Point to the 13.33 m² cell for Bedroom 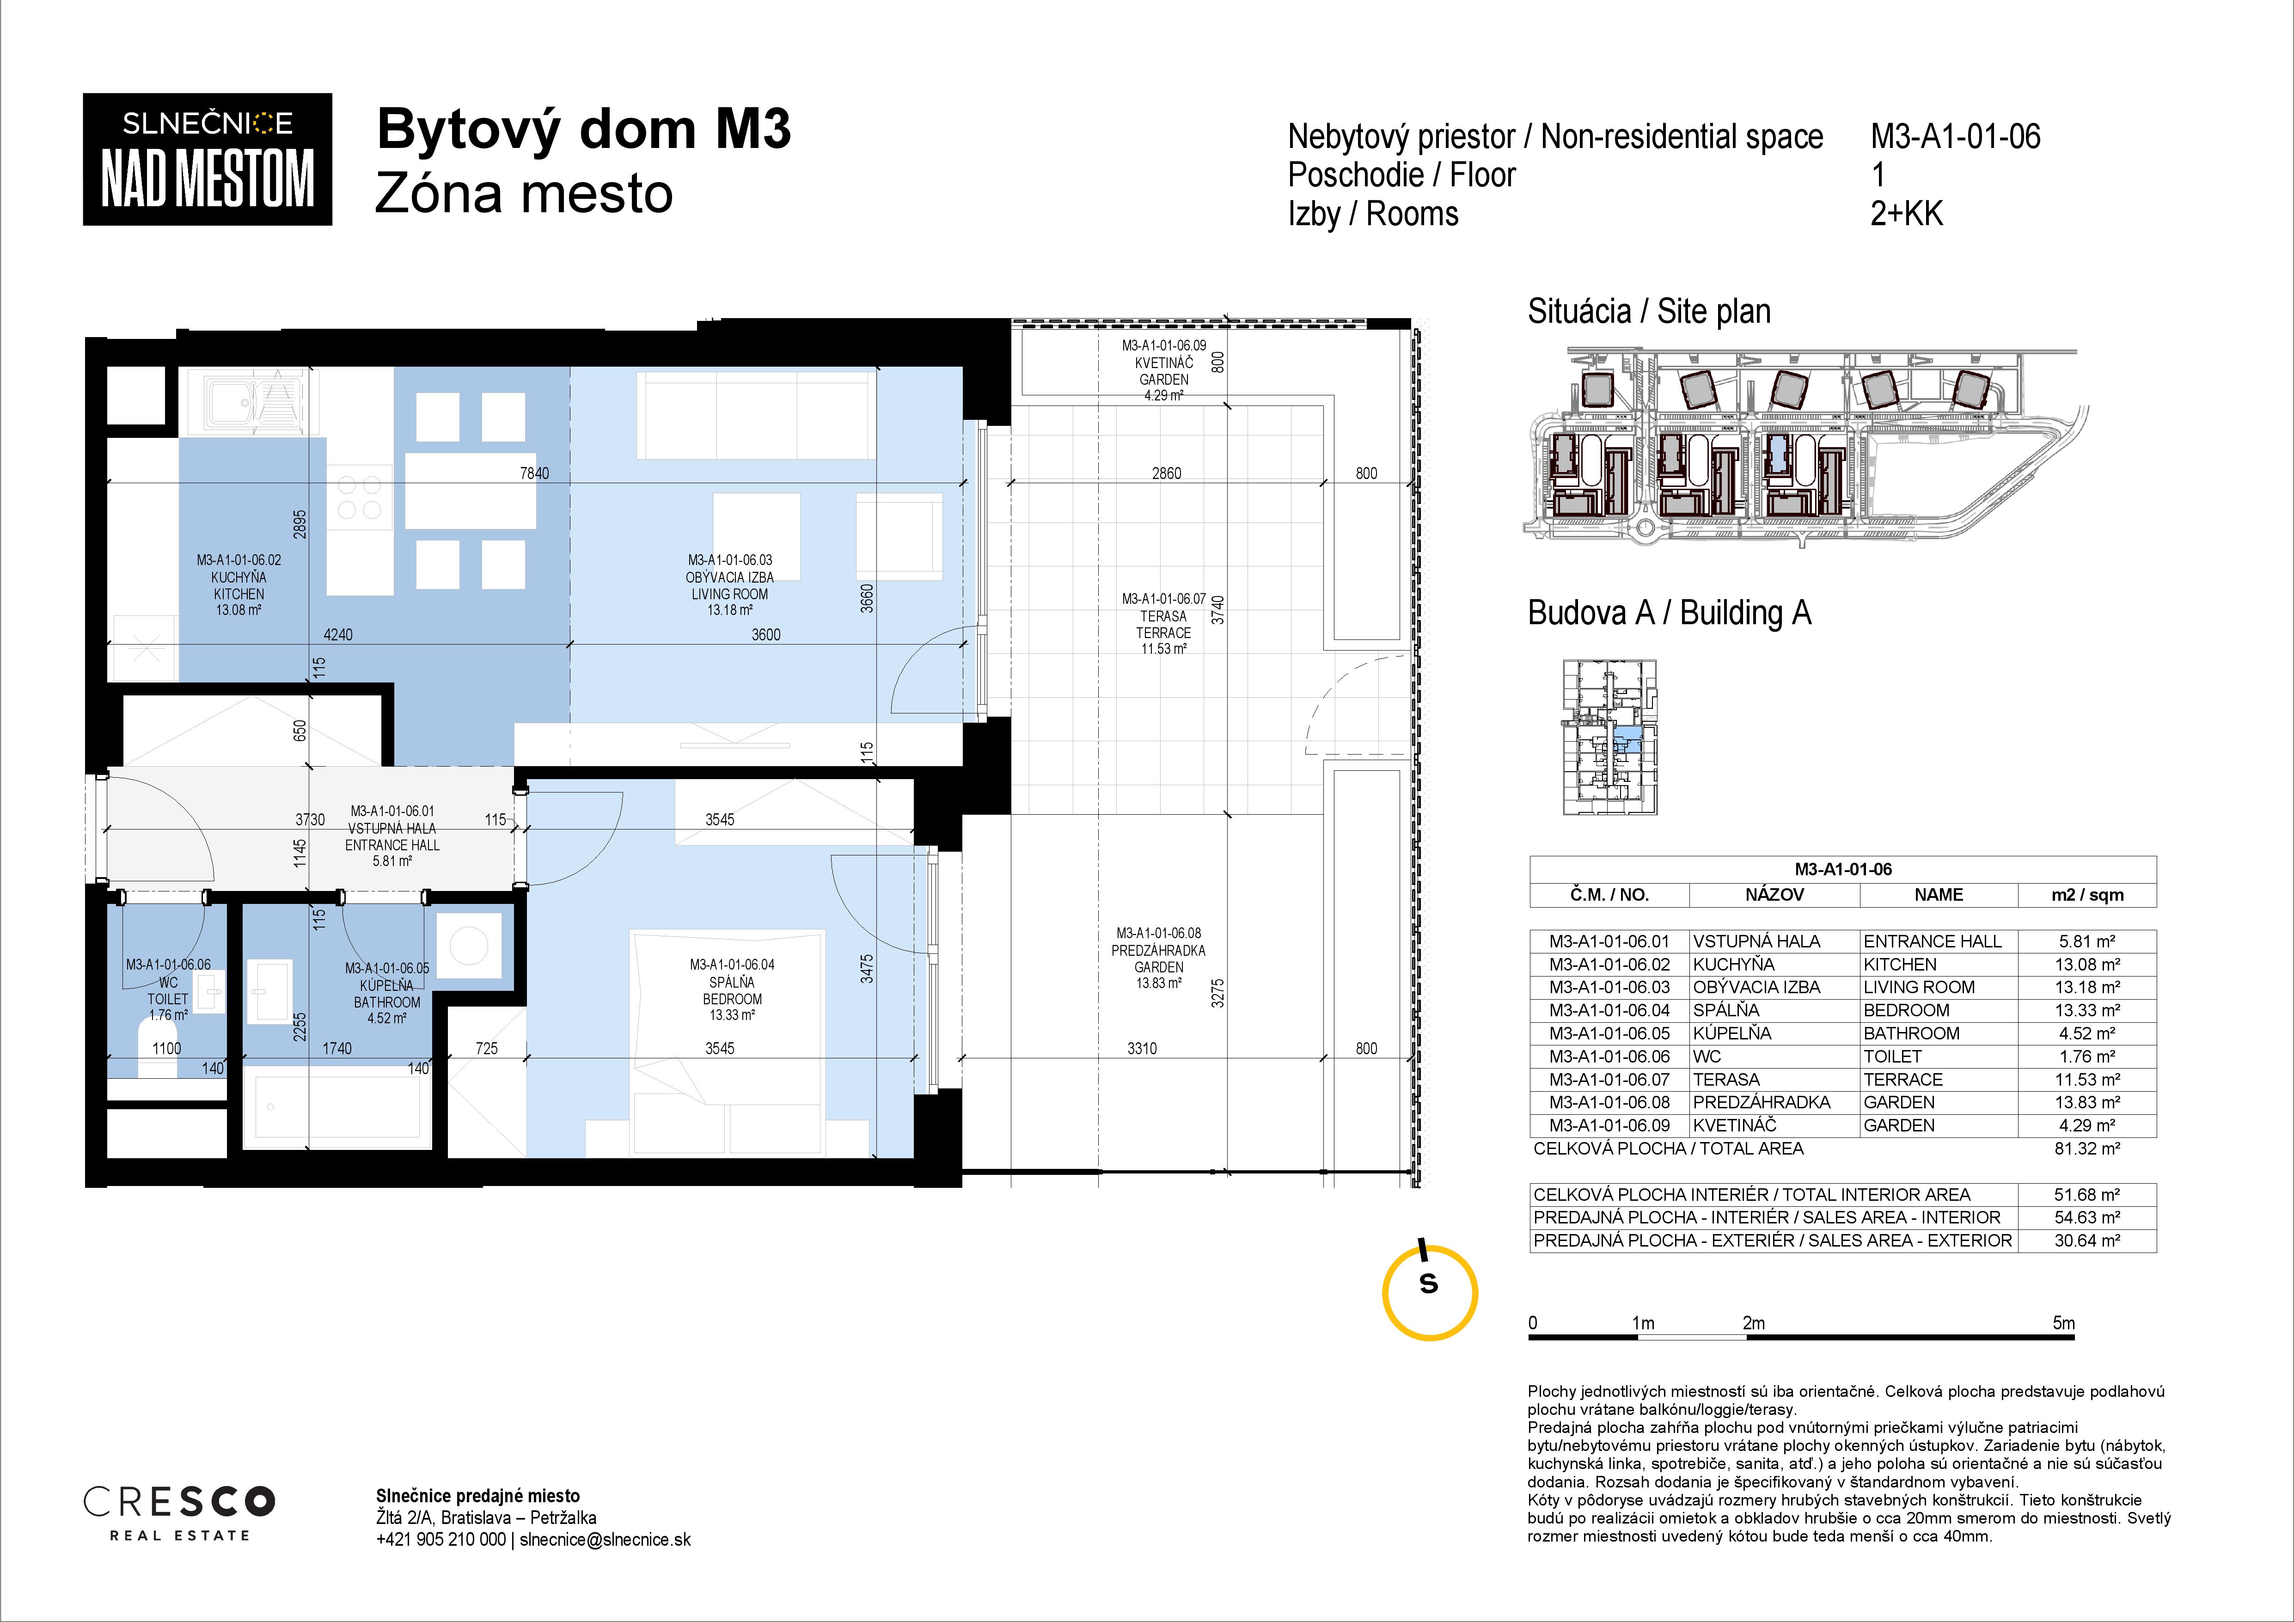tap(2087, 1010)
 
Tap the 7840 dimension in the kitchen tap(534, 474)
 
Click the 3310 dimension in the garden tap(1142, 1048)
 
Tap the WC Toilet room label tap(168, 990)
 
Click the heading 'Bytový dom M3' tap(583, 130)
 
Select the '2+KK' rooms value tap(1906, 214)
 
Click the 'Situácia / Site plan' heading tap(1650, 312)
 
